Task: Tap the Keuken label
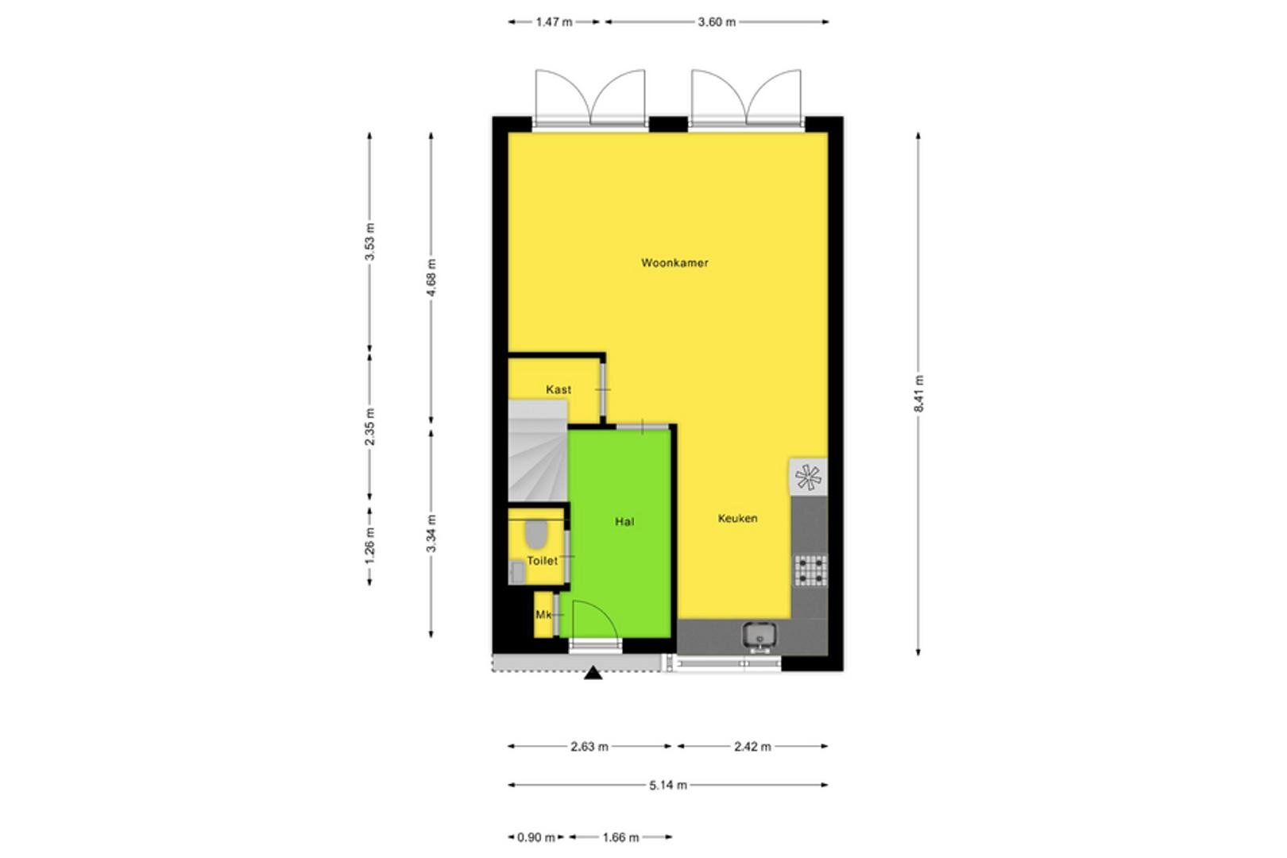738,518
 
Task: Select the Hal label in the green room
624,521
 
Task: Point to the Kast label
558,389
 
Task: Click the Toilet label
543,560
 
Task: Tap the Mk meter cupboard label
543,614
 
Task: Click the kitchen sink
759,636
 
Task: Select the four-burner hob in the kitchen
810,570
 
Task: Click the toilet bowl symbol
535,534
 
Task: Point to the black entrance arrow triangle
593,673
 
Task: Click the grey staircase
539,451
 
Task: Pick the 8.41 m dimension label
918,393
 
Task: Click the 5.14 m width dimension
668,785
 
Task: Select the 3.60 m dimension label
717,22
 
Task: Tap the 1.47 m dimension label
554,22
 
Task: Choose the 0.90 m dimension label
536,837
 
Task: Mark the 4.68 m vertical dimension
431,277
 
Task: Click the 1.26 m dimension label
370,545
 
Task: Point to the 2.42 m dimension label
752,747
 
